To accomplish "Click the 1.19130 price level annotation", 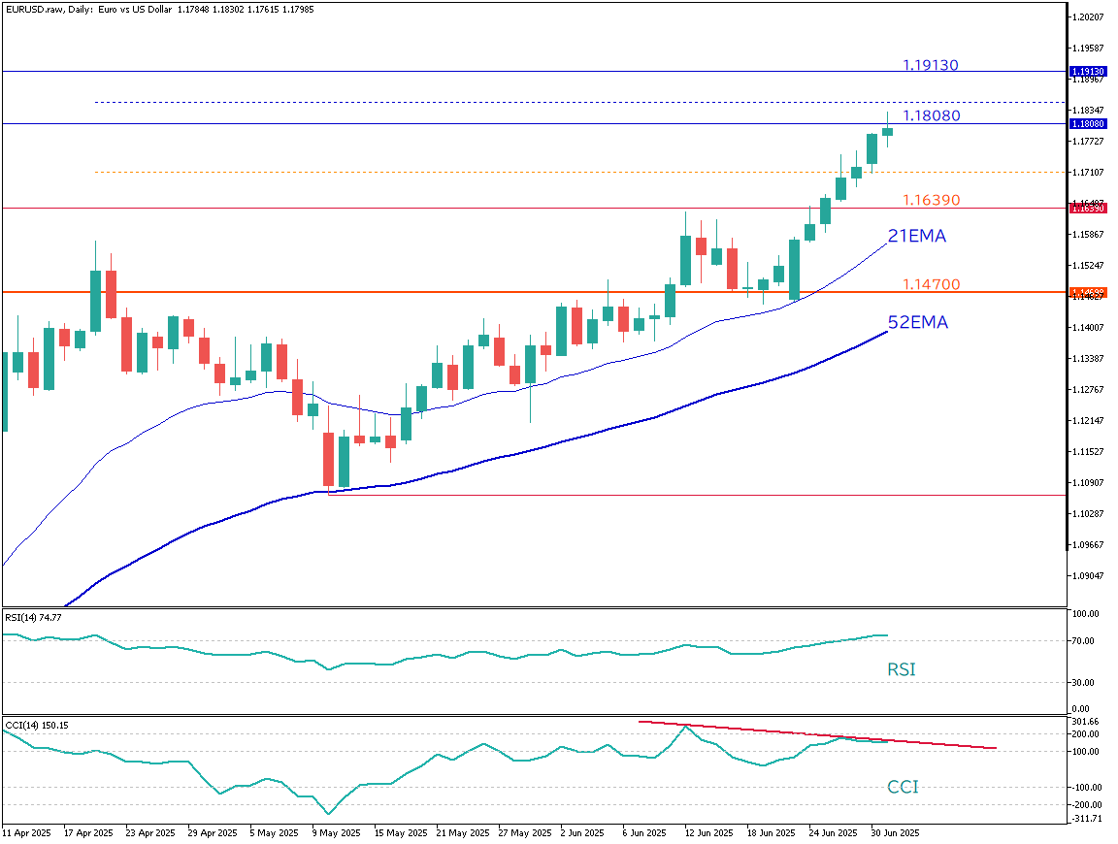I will click(x=930, y=65).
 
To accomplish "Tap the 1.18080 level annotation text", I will click(x=931, y=115).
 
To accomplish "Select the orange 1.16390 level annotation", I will click(x=931, y=200).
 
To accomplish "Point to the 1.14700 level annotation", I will click(x=931, y=284).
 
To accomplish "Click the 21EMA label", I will click(x=916, y=236).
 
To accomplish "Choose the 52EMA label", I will click(x=917, y=322).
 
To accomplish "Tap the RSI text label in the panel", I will click(x=901, y=669).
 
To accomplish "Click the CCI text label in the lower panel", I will click(x=902, y=787).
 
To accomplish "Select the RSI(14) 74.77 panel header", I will click(x=33, y=616).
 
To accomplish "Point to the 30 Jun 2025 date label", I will click(x=894, y=832).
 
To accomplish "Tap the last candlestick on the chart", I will click(x=887, y=131).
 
